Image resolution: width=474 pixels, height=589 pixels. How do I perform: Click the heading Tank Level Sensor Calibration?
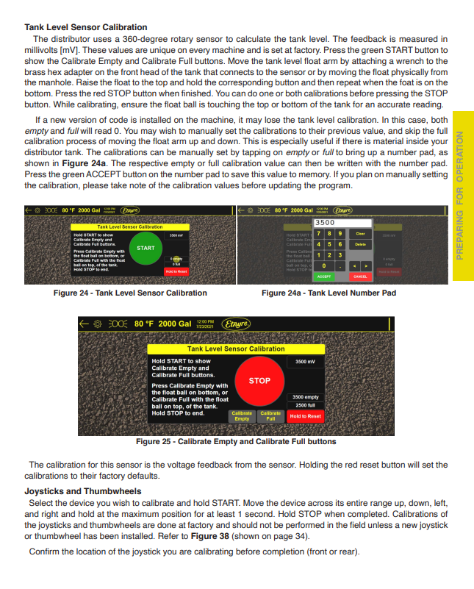(x=85, y=27)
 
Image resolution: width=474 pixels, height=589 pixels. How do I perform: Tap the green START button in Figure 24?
(x=146, y=248)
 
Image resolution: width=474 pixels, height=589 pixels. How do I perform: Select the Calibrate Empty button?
(x=242, y=416)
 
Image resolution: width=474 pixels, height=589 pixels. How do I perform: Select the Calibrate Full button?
(x=270, y=416)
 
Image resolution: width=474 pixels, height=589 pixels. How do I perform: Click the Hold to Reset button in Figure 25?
(x=305, y=416)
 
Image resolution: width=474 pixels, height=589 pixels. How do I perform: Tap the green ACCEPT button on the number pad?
(x=324, y=276)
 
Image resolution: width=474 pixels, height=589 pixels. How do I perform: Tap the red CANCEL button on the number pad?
(x=361, y=276)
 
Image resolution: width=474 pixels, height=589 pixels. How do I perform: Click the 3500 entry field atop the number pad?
(x=342, y=222)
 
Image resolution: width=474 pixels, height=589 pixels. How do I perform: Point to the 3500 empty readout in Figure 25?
(x=305, y=397)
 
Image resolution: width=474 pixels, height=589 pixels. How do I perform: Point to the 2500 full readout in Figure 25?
(x=305, y=405)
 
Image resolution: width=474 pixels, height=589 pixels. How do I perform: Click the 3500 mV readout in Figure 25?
(x=305, y=362)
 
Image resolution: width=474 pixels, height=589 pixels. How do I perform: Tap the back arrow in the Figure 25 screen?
(x=85, y=324)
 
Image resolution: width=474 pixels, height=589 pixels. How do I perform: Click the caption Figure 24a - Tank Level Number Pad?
(x=328, y=293)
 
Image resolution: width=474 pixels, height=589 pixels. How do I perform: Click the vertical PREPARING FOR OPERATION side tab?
(x=462, y=195)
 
